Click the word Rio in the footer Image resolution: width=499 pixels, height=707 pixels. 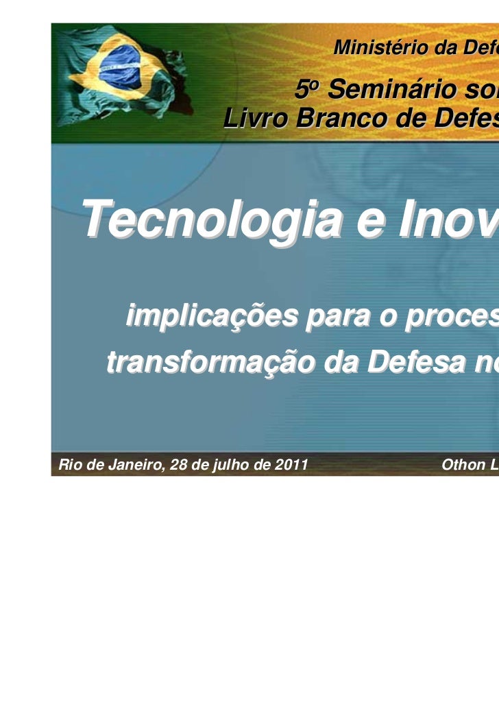click(70, 465)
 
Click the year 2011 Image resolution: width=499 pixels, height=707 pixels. click(287, 465)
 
